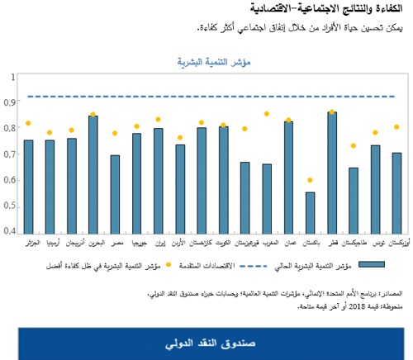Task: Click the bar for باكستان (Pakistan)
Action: point(310,213)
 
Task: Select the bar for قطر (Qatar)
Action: point(331,173)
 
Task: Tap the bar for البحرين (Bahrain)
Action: point(93,174)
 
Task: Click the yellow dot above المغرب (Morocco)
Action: point(267,114)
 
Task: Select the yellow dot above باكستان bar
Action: point(310,180)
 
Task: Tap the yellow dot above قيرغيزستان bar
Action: point(244,129)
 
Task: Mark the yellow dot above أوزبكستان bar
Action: point(396,127)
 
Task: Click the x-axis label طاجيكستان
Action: point(353,244)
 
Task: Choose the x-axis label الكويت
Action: point(223,244)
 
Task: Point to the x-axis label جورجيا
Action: point(136,244)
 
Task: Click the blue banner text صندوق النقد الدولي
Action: point(206,342)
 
